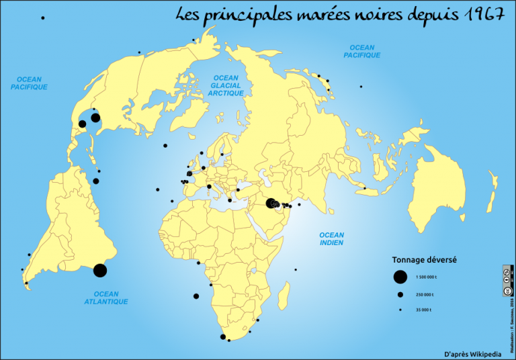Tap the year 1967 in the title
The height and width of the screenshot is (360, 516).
483,15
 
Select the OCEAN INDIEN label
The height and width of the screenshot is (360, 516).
332,239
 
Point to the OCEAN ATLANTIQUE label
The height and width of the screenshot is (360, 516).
106,298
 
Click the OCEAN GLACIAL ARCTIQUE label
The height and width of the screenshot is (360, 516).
226,86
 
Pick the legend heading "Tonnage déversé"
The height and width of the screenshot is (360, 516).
424,260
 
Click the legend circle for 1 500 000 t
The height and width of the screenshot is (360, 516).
400,277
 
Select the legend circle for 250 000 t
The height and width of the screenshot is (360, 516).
400,295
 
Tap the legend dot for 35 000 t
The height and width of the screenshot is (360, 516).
400,310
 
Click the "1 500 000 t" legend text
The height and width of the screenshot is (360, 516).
426,277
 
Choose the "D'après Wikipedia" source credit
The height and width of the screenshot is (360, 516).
472,353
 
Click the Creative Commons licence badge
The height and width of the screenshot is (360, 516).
507,281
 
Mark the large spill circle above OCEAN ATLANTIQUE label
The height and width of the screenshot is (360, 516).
100,270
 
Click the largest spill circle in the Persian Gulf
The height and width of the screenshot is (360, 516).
271,204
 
